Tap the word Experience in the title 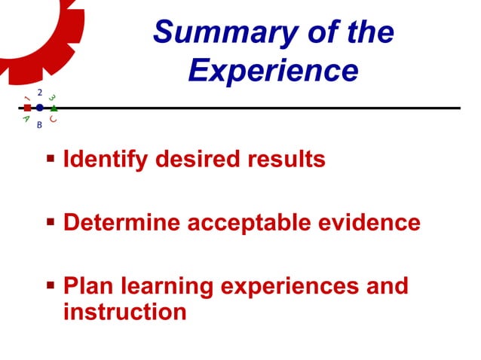point(273,71)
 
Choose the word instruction point(124,311)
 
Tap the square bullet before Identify point(51,160)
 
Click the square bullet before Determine point(51,223)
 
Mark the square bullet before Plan point(51,286)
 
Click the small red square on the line point(27,108)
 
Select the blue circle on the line point(39,108)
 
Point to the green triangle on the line point(53,108)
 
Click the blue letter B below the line point(39,125)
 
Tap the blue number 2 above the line point(39,91)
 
